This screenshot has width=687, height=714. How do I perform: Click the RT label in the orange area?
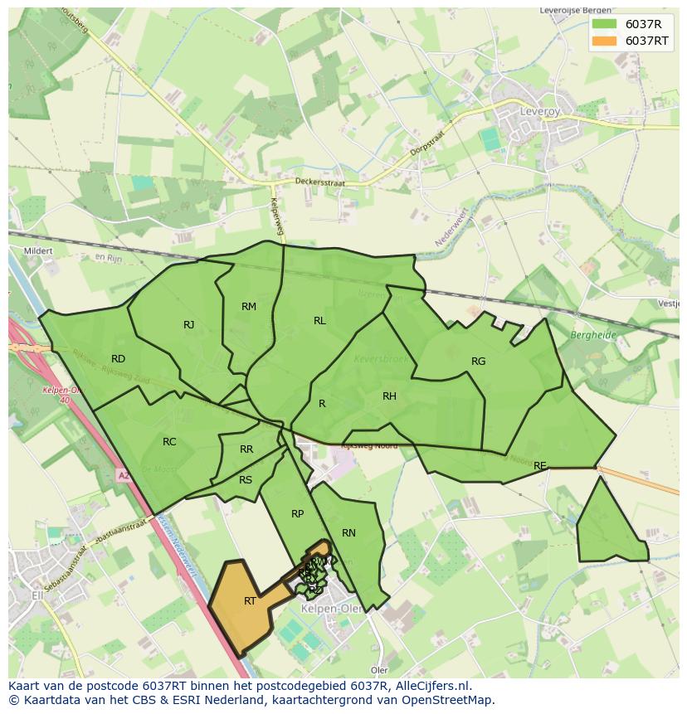point(250,601)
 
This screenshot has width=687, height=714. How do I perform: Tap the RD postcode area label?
point(118,359)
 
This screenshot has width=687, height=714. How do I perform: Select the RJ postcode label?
point(189,325)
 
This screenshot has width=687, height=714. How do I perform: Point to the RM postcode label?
point(249,307)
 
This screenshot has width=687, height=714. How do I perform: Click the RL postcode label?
point(319,321)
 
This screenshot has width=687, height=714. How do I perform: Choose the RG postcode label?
point(478,362)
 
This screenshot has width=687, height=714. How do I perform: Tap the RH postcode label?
point(389,396)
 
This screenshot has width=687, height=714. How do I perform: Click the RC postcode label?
point(169,442)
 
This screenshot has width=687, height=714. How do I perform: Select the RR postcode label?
point(246,449)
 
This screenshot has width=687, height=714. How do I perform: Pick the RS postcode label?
point(246,480)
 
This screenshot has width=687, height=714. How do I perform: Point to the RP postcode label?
point(297,514)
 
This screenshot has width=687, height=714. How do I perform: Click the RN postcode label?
point(348,533)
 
